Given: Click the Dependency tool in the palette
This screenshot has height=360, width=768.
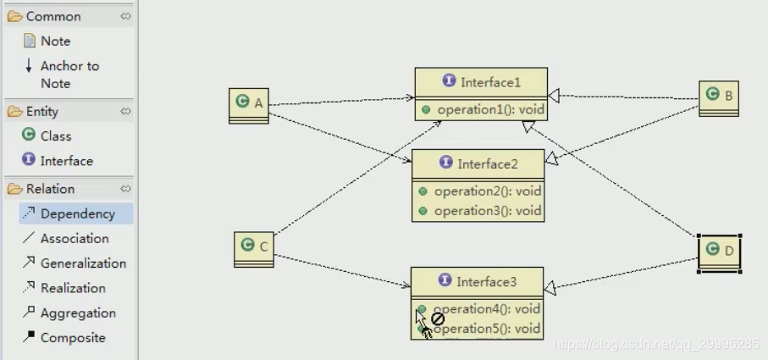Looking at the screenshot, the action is [x=76, y=213].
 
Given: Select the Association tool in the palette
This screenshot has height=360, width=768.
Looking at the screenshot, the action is [x=74, y=239].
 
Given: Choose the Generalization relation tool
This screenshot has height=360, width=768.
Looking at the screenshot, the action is [x=82, y=263].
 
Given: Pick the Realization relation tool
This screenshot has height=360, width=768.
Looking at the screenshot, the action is [x=72, y=288].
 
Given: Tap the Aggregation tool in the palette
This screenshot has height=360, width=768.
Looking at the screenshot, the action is [x=77, y=313].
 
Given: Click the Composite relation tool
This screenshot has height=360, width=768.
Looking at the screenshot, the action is [x=72, y=337].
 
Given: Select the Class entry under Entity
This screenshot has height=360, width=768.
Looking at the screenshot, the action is [x=55, y=136].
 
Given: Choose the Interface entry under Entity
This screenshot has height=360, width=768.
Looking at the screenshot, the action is [x=65, y=161].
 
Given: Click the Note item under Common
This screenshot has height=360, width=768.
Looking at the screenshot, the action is [x=55, y=41].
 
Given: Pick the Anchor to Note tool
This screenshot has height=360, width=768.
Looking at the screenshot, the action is [x=69, y=74].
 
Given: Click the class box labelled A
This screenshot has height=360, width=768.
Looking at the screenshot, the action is [x=249, y=105].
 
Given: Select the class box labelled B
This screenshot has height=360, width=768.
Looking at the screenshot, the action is [x=719, y=97].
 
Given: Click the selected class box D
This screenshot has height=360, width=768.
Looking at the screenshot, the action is [x=719, y=251].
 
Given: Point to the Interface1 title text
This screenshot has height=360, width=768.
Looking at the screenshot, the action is [x=490, y=82].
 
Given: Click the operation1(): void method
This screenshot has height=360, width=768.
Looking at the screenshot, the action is [x=490, y=109].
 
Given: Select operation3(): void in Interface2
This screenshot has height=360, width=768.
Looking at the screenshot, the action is [x=487, y=211].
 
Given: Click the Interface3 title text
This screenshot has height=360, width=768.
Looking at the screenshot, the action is [x=486, y=281].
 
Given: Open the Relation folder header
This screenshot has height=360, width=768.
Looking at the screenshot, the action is [x=50, y=189].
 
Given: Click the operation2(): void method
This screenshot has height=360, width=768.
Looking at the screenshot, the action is [x=487, y=191].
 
